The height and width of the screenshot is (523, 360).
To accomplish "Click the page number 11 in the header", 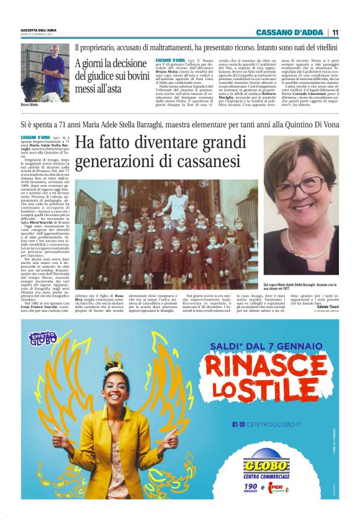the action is coord(335,32).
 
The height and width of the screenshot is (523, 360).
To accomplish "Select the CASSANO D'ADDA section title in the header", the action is coord(290,32).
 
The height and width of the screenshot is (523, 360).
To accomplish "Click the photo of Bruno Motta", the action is coord(45,73).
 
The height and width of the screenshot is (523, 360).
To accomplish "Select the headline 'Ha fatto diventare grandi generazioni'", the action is coord(158,152).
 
